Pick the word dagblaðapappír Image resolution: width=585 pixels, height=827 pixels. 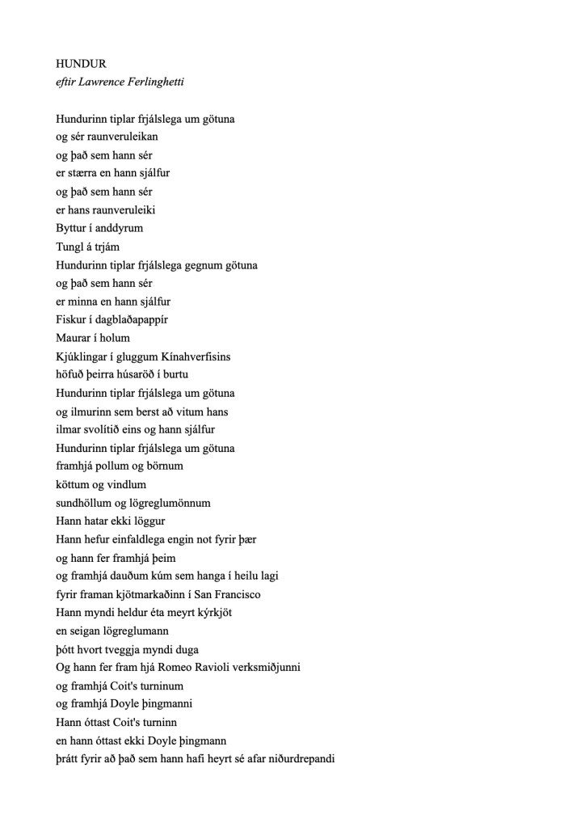129,320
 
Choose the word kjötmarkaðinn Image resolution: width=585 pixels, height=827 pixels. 153,595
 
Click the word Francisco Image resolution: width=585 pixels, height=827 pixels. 235,595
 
